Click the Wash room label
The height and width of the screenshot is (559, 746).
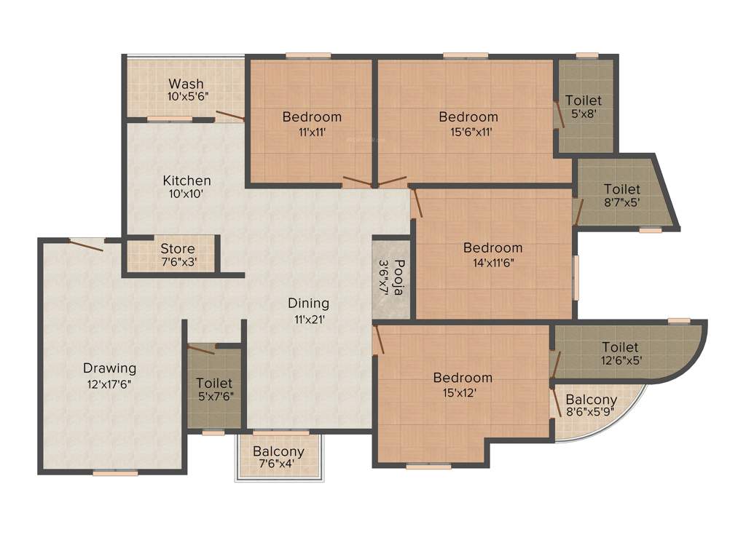tap(186, 84)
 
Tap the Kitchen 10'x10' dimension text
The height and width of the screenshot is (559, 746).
tap(186, 194)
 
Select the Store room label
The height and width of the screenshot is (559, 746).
tap(178, 249)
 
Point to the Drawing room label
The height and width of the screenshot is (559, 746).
tap(109, 368)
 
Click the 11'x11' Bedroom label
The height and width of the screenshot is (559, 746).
tap(312, 116)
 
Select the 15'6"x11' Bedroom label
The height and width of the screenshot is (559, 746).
tap(468, 116)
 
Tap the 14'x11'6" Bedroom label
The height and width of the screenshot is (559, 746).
tap(492, 248)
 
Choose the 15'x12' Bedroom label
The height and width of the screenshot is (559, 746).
tap(463, 378)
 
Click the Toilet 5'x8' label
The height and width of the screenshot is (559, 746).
tap(584, 100)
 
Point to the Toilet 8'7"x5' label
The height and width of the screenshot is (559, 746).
tap(621, 189)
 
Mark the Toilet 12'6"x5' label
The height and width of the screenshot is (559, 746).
tap(620, 347)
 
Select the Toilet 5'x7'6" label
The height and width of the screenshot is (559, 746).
tap(214, 383)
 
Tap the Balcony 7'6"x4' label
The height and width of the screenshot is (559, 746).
tap(278, 452)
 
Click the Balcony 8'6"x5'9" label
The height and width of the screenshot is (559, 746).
tap(591, 400)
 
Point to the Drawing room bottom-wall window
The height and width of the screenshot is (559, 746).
tap(115, 473)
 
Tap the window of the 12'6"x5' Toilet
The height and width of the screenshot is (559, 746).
tap(678, 320)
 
